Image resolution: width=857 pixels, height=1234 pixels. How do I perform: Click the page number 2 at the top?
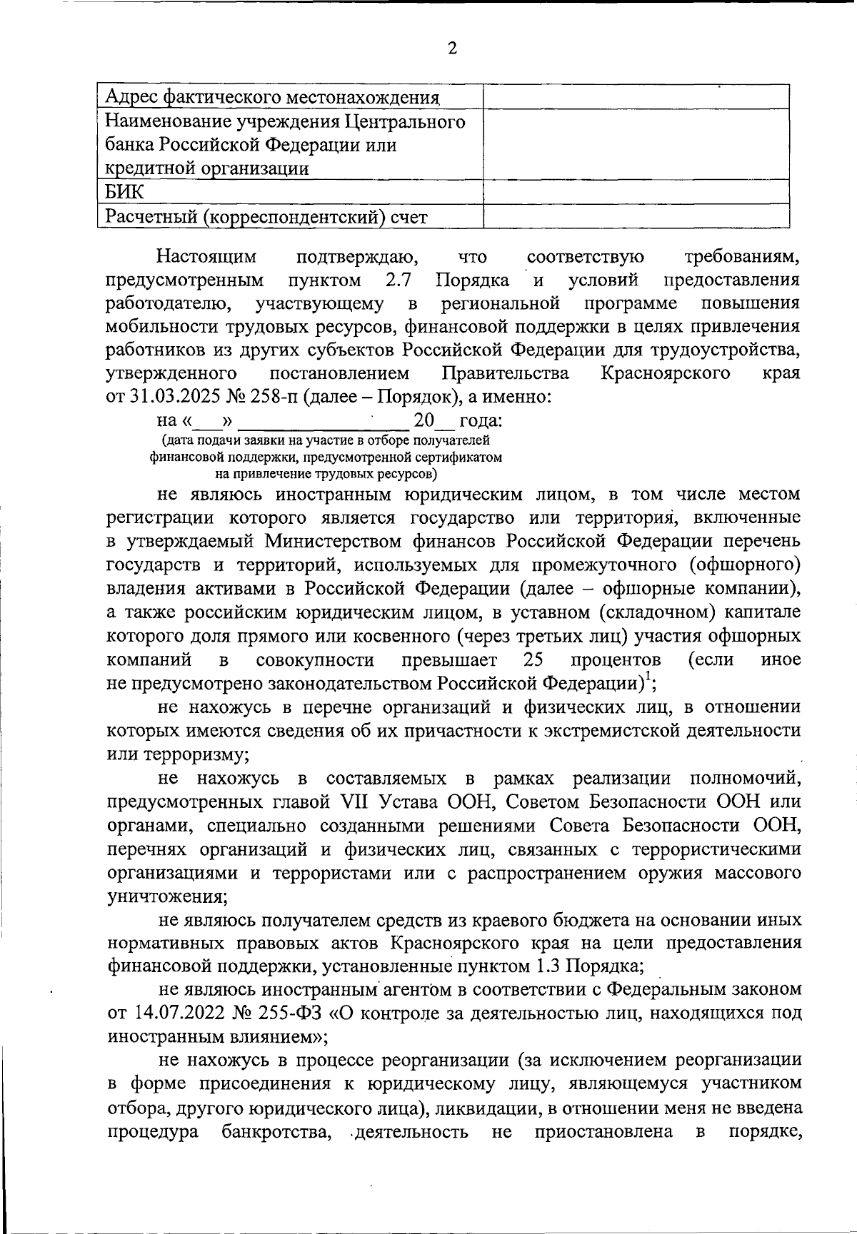click(x=451, y=48)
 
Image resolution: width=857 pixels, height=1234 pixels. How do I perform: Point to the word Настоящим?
click(x=207, y=256)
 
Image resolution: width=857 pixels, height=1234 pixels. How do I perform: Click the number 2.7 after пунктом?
click(x=401, y=279)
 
